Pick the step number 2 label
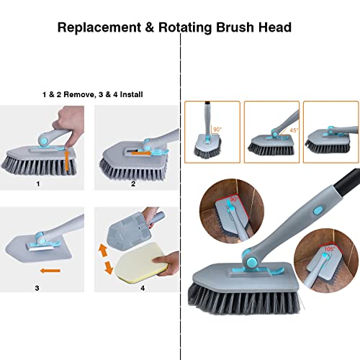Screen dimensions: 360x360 (133, 184)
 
